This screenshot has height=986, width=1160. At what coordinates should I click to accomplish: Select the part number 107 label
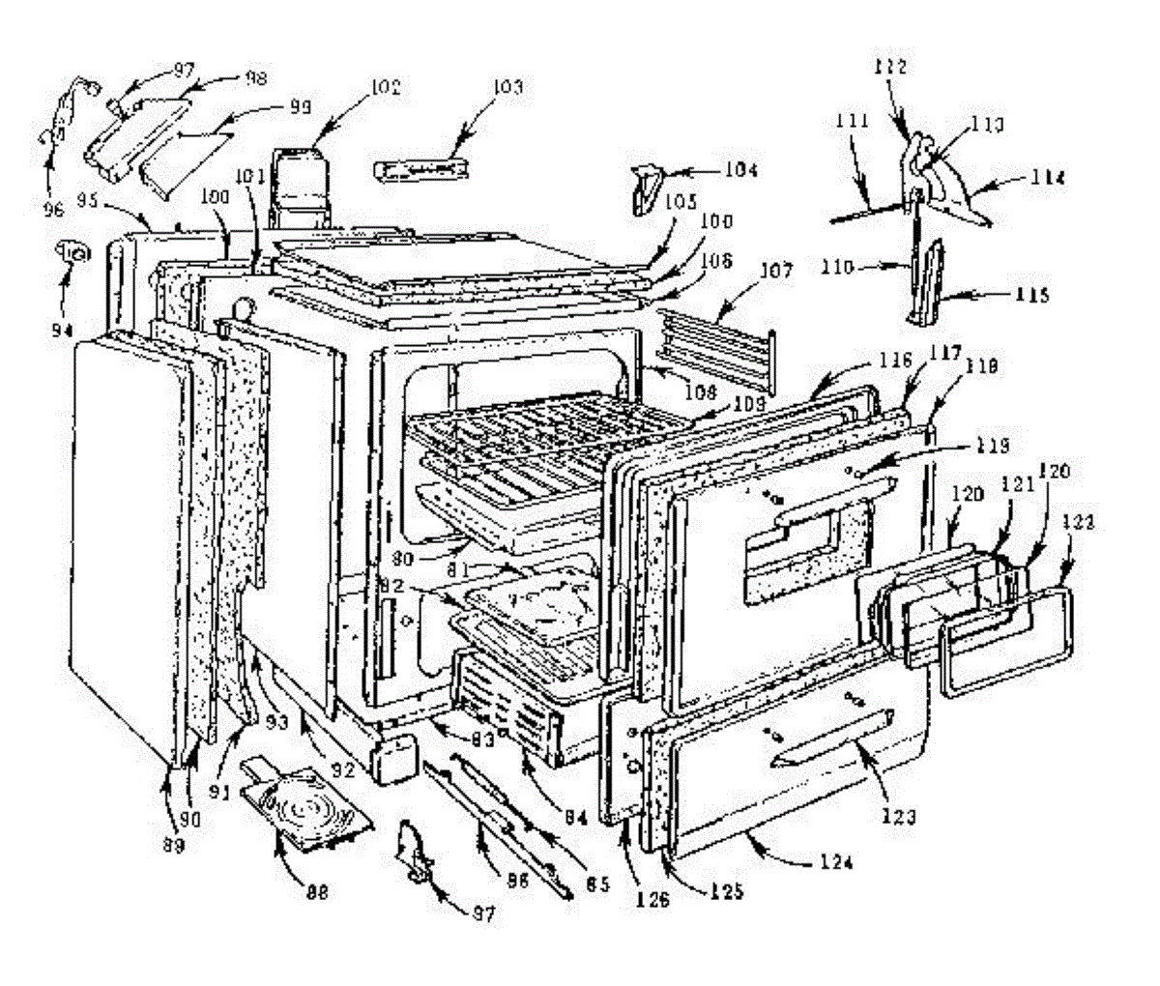click(x=774, y=273)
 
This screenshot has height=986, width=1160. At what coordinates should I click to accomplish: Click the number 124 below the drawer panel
click(x=837, y=861)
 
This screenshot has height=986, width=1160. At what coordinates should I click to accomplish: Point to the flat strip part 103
click(x=420, y=170)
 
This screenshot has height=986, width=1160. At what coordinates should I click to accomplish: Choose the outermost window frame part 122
click(x=1002, y=643)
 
